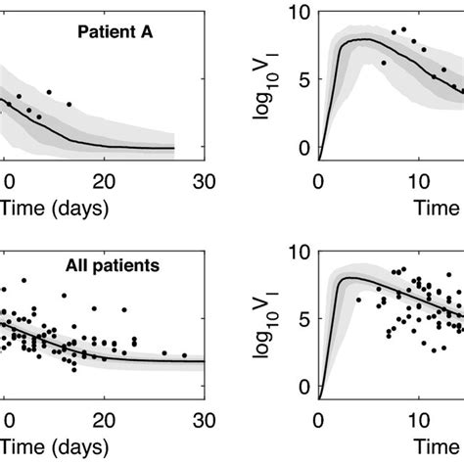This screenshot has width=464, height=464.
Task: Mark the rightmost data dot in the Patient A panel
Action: click(x=69, y=104)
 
